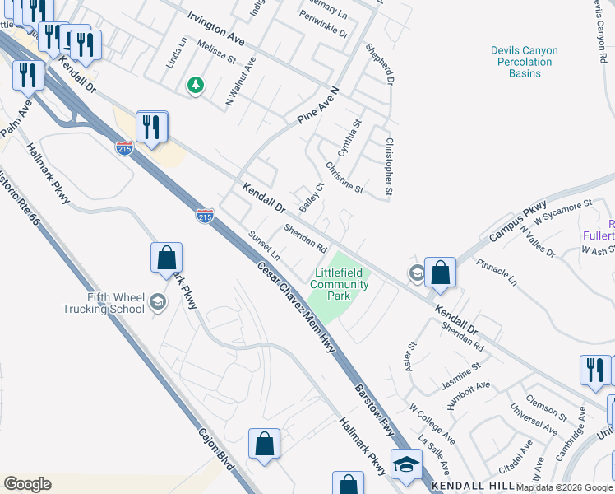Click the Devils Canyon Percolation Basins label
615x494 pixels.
coord(525,62)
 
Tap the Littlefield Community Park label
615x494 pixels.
coord(335,284)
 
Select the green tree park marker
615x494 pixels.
coord(195,85)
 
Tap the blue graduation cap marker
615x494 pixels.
coord(406,466)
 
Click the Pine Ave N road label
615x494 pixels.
coord(319,105)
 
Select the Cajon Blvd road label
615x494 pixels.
coord(217,449)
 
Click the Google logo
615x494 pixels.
coord(27,484)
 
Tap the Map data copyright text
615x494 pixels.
coord(565,487)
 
